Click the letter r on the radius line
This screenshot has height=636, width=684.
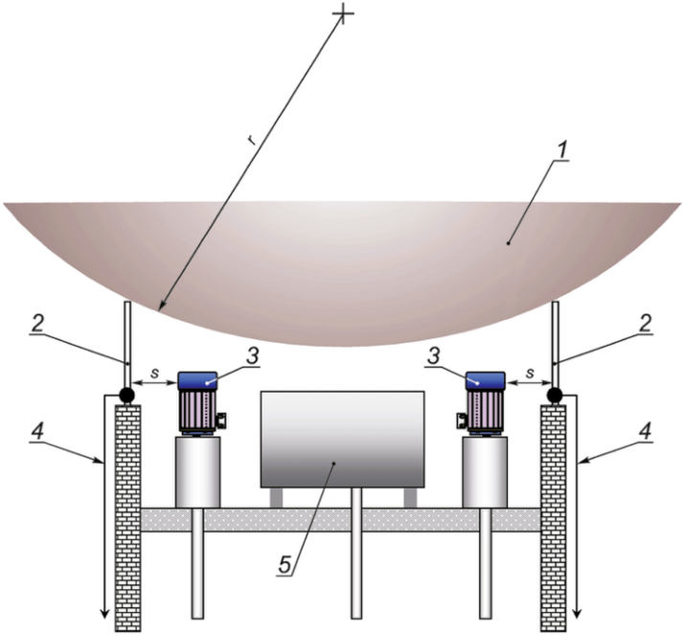[x=251, y=141]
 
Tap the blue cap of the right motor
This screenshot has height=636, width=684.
[x=485, y=380]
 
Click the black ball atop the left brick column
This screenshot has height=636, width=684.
[x=125, y=394]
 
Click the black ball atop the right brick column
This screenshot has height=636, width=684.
[x=555, y=394]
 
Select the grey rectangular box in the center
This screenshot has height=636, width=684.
[x=342, y=439]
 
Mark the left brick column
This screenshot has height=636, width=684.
[x=126, y=517]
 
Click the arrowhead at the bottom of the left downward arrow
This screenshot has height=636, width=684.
[x=103, y=612]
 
